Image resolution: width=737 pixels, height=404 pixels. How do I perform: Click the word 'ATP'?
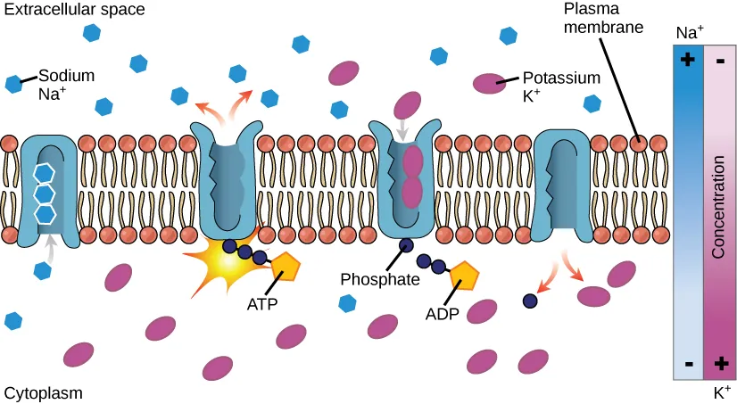pyautogui.click(x=263, y=303)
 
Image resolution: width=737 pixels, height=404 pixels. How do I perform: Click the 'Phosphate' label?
pyautogui.click(x=380, y=278)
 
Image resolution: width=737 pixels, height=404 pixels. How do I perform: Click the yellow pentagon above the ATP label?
pyautogui.click(x=285, y=266)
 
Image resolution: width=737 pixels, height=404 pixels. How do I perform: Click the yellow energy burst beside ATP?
pyautogui.click(x=214, y=262)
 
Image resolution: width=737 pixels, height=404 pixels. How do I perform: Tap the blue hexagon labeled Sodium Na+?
pyautogui.click(x=14, y=84)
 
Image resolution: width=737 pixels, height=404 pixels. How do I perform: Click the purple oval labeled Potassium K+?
pyautogui.click(x=488, y=83)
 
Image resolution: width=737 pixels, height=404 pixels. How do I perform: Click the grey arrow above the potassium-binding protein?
pyautogui.click(x=403, y=128)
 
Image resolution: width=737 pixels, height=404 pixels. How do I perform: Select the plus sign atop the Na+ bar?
pyautogui.click(x=687, y=61)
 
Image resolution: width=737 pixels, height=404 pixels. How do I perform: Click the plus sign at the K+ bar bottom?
pyautogui.click(x=719, y=363)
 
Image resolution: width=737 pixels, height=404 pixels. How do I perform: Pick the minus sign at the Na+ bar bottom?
pyautogui.click(x=688, y=364)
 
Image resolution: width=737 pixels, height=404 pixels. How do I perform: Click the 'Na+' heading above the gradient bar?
pyautogui.click(x=689, y=33)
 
